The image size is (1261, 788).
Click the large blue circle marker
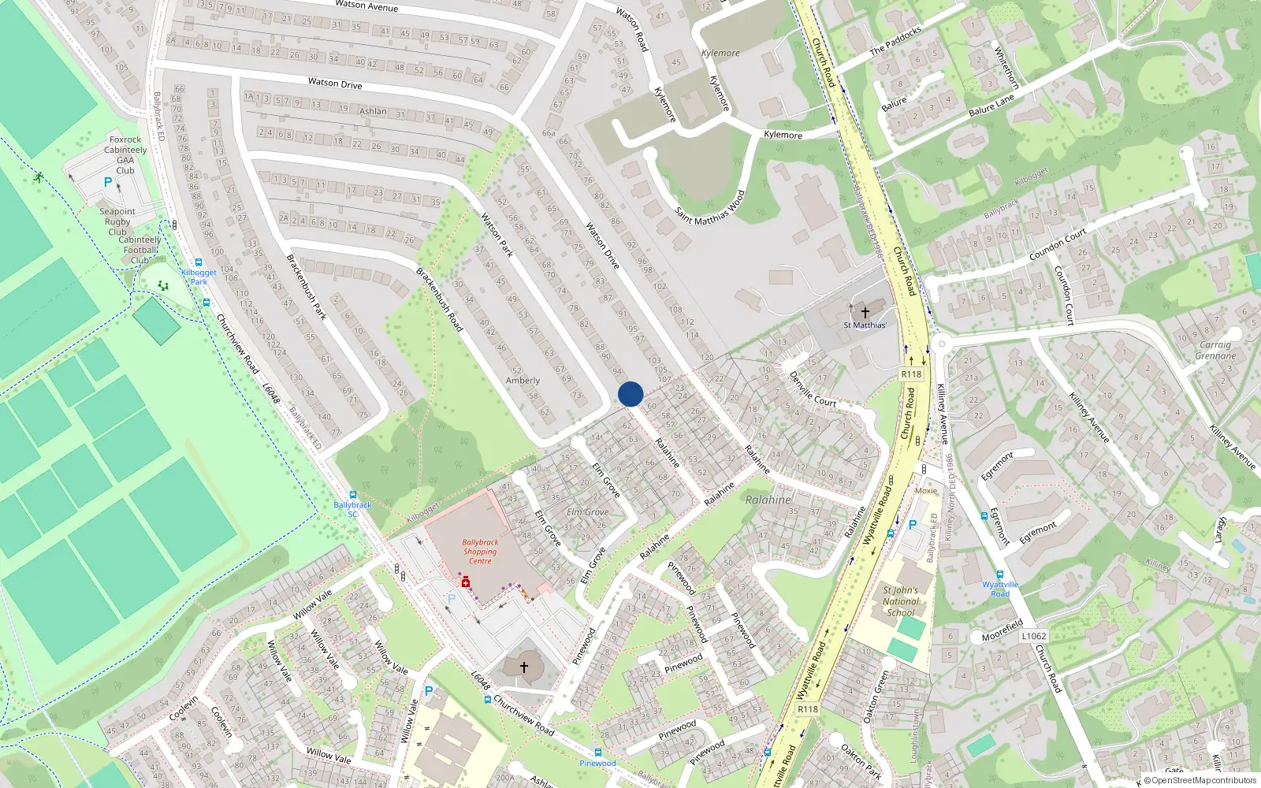click(630, 394)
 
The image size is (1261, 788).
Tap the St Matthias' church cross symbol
click(865, 312)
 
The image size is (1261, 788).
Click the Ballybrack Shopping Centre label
click(480, 552)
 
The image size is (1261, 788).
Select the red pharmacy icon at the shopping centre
click(466, 582)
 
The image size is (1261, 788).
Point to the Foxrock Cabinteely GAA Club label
click(125, 154)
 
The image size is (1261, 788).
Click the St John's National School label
click(901, 600)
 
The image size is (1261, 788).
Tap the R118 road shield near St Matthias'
click(911, 374)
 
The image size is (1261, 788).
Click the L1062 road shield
click(1034, 636)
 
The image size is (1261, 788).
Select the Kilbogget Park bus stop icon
click(199, 263)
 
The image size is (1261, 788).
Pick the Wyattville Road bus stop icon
click(1000, 574)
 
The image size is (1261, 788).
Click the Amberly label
click(523, 381)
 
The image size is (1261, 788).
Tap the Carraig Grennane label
click(1215, 350)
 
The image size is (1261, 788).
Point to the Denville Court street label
click(813, 390)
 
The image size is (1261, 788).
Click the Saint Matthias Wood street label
click(709, 208)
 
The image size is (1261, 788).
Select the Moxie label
click(926, 490)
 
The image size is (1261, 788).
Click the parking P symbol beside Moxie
click(913, 525)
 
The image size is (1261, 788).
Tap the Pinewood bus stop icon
click(598, 753)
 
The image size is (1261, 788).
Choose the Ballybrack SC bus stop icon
click(352, 495)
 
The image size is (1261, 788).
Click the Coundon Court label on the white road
click(1058, 245)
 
